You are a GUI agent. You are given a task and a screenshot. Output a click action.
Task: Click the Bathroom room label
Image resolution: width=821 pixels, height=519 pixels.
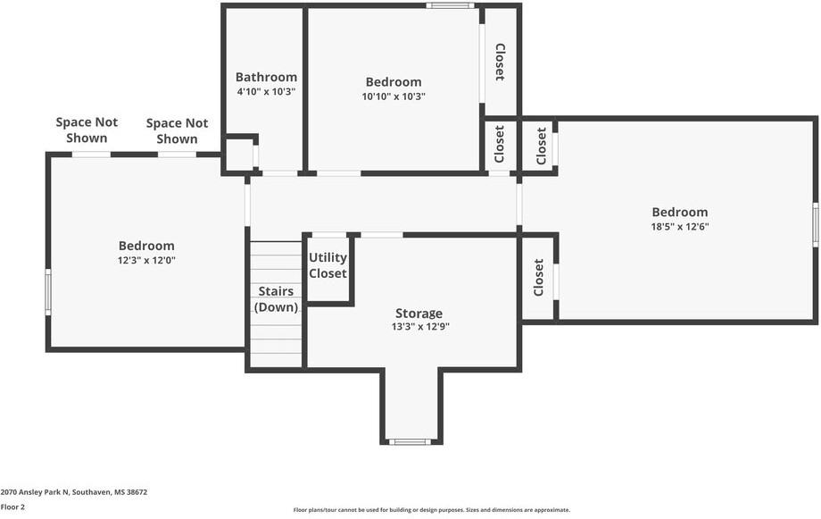point(266,77)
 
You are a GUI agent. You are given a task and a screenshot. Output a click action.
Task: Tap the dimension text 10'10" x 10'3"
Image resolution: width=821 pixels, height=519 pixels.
point(394,96)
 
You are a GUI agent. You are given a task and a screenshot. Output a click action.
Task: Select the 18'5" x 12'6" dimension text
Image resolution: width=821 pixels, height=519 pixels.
point(680,227)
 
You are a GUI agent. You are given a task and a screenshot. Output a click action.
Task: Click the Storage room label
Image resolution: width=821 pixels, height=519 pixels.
point(419,314)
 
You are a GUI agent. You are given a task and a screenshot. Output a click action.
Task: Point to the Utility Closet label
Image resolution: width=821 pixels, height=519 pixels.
point(328,265)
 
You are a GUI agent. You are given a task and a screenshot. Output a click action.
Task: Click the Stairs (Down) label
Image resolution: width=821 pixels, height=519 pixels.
point(276,299)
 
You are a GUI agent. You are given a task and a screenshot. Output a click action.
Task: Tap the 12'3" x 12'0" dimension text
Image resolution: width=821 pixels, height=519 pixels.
point(146,261)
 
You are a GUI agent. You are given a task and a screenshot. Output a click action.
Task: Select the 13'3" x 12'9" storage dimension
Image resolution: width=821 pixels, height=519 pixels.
point(419,328)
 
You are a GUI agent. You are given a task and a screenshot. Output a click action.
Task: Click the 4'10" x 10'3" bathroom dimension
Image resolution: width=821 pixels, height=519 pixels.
point(266,91)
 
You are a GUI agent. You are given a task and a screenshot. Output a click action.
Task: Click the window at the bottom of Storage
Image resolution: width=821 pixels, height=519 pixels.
point(410,441)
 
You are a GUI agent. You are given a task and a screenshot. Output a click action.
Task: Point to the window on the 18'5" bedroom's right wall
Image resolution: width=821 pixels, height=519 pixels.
point(815,223)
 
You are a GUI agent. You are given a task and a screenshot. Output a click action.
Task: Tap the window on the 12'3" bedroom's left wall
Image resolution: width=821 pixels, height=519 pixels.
point(48,293)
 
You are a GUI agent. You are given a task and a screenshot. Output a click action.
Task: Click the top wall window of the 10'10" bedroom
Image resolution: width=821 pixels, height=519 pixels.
point(449,6)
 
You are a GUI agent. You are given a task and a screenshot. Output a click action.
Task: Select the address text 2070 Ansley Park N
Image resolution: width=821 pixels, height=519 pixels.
point(74,492)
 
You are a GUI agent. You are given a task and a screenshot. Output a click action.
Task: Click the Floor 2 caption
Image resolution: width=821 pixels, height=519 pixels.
point(13,506)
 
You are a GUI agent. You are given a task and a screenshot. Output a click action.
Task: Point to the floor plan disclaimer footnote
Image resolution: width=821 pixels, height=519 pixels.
point(432,510)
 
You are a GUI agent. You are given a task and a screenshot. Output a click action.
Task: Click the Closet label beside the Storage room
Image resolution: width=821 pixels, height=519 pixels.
point(538,278)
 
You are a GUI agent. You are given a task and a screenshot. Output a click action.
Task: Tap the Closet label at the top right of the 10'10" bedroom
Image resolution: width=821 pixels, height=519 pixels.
point(500,62)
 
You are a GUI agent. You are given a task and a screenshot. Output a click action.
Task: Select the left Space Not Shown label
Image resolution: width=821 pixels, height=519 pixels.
point(81,130)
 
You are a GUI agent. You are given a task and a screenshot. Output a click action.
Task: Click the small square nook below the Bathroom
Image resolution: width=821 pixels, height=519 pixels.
point(238,155)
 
